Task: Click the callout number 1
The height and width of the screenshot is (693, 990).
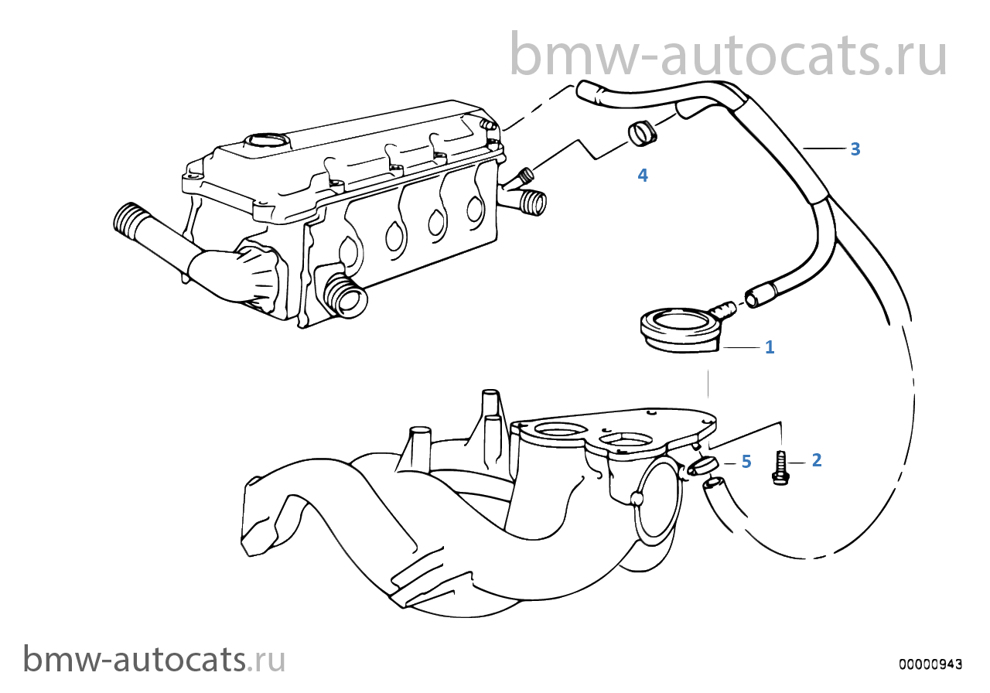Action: (x=770, y=347)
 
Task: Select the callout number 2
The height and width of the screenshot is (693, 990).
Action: (x=817, y=460)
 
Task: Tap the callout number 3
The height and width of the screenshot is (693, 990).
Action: (x=855, y=149)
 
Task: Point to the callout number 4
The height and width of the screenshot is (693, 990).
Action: (x=643, y=176)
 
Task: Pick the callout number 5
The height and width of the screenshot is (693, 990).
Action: (x=746, y=462)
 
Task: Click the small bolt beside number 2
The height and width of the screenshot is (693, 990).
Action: (x=780, y=468)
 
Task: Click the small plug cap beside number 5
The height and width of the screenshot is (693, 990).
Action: (x=702, y=466)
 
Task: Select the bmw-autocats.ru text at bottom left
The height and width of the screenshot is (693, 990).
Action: (x=154, y=660)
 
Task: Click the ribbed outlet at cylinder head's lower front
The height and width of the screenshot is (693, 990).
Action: (x=346, y=295)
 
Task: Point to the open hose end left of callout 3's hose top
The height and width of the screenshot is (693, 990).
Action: (x=586, y=90)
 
